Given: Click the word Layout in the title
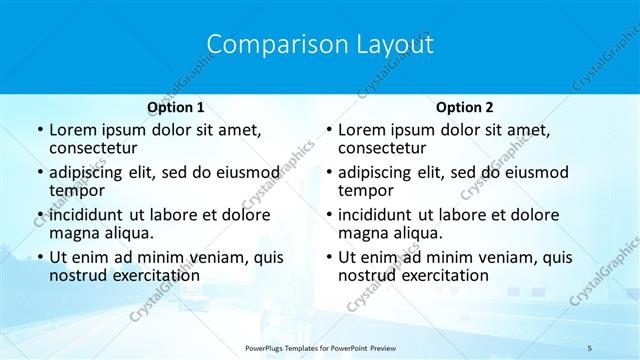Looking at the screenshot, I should coord(397,45).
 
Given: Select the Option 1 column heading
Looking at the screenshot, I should coord(176,107).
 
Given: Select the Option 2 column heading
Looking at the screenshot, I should coord(465,107).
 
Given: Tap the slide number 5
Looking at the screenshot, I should coord(590,348).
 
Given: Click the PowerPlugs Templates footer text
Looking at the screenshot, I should coord(320,348).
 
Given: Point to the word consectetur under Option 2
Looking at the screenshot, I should coord(383,149).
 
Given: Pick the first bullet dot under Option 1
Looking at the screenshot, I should coord(39,130).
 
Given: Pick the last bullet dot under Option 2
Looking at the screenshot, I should coord(328,257).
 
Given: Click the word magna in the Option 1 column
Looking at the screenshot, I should coord(73,233).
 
